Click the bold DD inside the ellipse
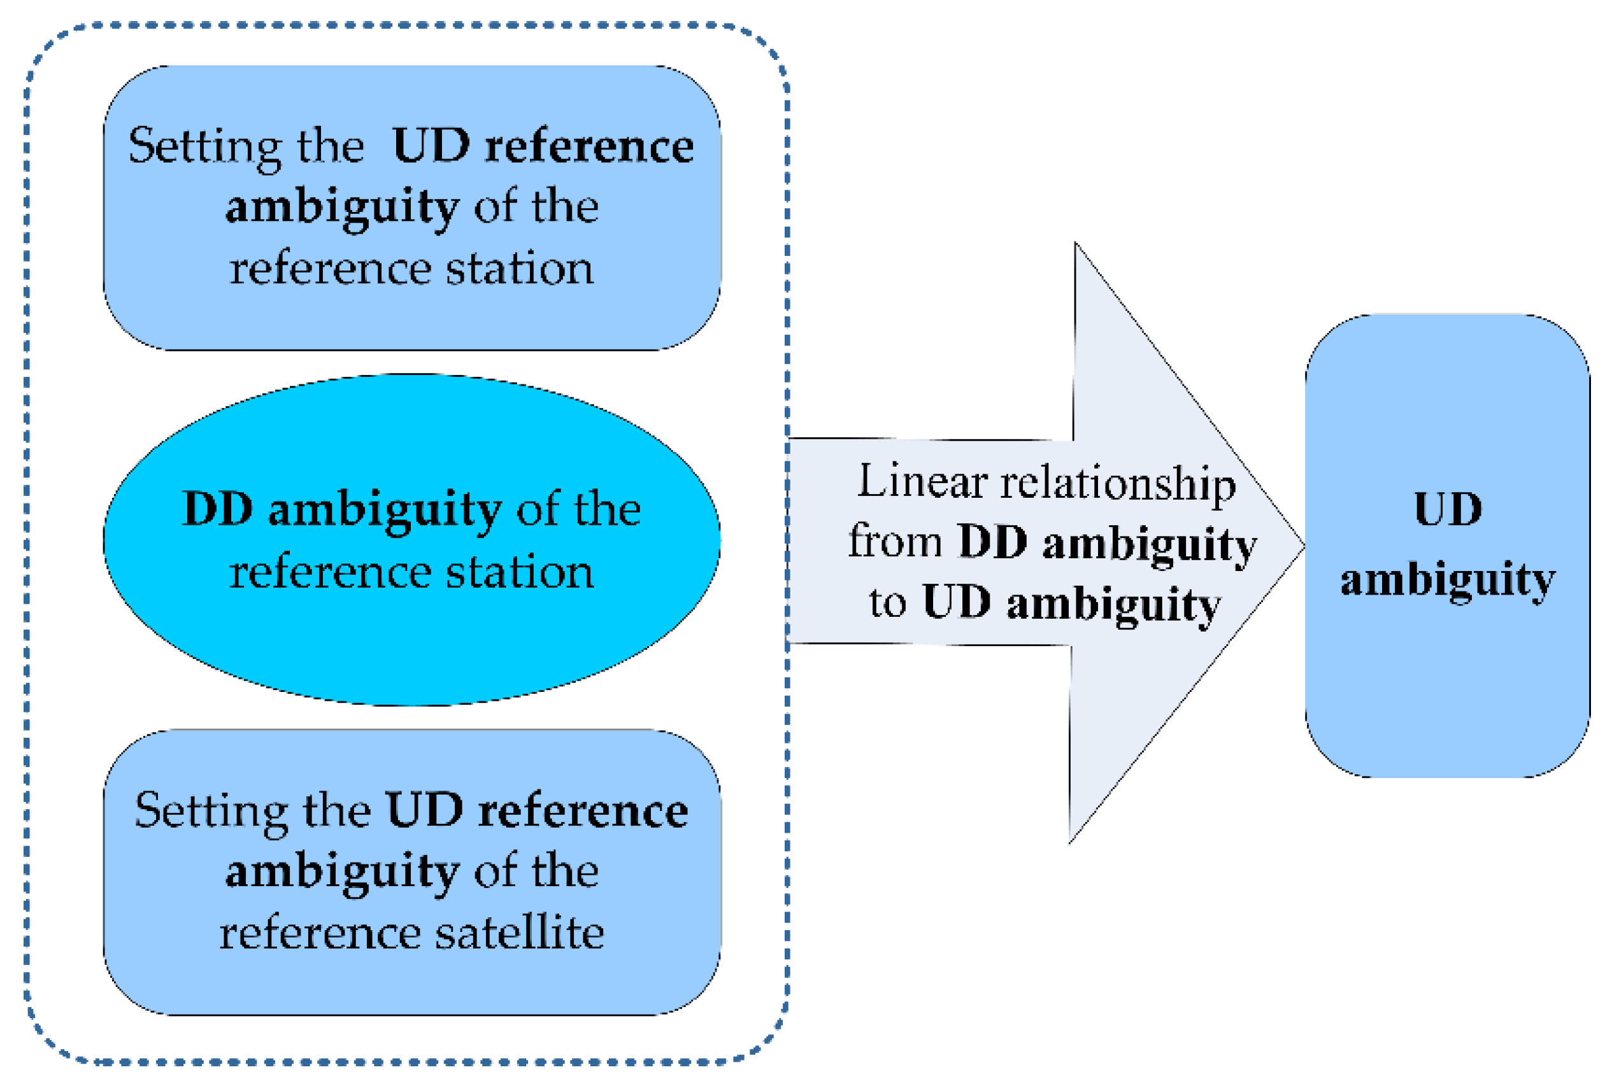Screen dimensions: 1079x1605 pyautogui.click(x=217, y=511)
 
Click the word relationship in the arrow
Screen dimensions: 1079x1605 pyautogui.click(x=1118, y=484)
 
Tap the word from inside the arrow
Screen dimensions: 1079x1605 pyautogui.click(x=894, y=542)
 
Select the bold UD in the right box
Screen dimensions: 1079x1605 pyautogui.click(x=1448, y=511)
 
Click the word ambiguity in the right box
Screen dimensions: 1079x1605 pyautogui.click(x=1448, y=580)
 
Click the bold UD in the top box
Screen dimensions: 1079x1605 pyautogui.click(x=431, y=147)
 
